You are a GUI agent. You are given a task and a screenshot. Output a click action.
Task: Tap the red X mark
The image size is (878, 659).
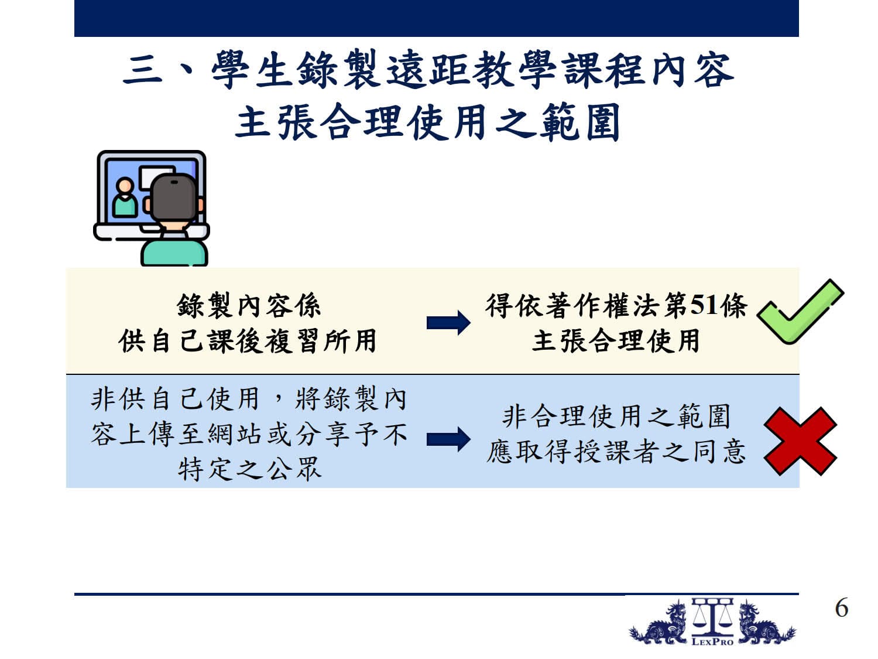pyautogui.click(x=800, y=441)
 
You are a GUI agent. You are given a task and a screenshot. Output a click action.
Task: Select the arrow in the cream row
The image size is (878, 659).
pyautogui.click(x=448, y=323)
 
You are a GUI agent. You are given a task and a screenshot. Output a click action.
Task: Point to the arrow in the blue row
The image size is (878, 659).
pyautogui.click(x=448, y=439)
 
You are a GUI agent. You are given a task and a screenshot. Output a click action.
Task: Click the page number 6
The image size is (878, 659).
pyautogui.click(x=841, y=608)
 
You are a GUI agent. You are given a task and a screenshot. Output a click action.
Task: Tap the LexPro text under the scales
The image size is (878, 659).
pyautogui.click(x=712, y=642)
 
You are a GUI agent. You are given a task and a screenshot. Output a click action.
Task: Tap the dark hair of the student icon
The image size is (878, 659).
pyautogui.click(x=174, y=197)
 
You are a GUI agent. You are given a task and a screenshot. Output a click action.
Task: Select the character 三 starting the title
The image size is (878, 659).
pyautogui.click(x=143, y=70)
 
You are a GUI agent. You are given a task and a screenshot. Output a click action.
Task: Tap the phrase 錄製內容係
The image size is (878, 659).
pyautogui.click(x=248, y=306)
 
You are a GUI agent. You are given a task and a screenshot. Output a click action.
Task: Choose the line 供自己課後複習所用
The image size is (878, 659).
pyautogui.click(x=248, y=341)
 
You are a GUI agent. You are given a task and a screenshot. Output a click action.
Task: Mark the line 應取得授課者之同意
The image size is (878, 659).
pyautogui.click(x=616, y=451)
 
